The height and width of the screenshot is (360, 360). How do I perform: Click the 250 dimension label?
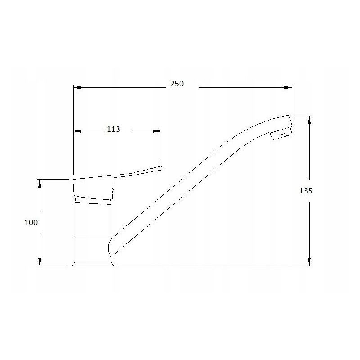(x=177, y=84)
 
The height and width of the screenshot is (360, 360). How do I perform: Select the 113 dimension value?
(x=113, y=130)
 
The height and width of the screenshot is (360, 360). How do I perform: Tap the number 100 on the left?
(x=31, y=222)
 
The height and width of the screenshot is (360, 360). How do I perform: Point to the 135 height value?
(x=306, y=191)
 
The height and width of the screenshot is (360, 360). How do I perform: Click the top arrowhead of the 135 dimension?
(x=310, y=120)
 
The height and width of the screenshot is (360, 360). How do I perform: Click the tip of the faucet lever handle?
(x=159, y=168)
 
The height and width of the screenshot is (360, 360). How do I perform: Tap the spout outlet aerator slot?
(x=282, y=135)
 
